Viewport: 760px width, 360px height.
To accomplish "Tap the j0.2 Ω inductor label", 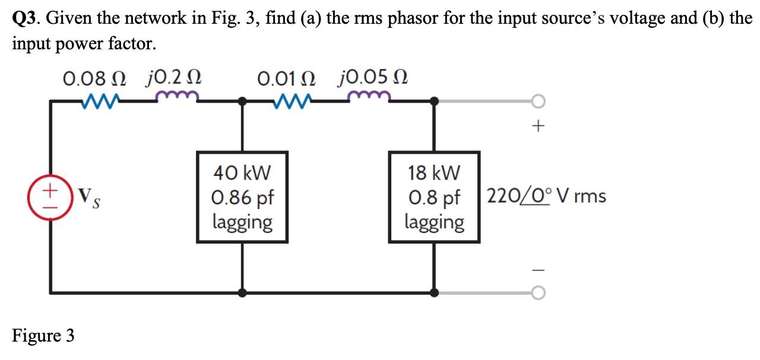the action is [x=175, y=78].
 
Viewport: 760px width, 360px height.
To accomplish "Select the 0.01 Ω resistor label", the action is [x=287, y=78].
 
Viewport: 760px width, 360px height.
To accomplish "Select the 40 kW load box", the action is [x=242, y=197].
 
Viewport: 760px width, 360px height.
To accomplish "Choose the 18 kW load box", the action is [x=434, y=197].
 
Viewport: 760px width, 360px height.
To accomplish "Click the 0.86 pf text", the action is [x=242, y=198].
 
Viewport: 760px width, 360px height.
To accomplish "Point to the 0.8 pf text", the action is [x=434, y=198].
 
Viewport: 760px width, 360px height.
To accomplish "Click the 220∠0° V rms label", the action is [x=546, y=196].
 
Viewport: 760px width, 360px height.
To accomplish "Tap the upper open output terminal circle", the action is [x=538, y=102].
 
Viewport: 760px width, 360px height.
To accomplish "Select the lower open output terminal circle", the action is [x=538, y=292].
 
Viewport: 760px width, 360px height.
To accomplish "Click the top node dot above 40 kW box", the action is [x=242, y=102].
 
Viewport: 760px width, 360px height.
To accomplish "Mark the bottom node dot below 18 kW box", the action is [x=434, y=292].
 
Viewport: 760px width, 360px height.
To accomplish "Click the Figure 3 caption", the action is [x=43, y=336].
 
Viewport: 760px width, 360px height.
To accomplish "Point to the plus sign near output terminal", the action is [x=538, y=126].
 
